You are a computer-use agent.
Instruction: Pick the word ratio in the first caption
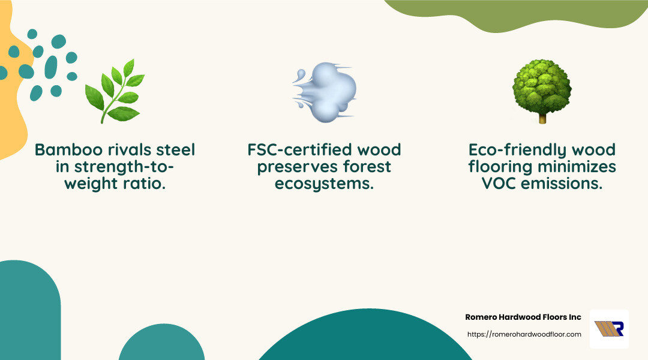click(x=146, y=184)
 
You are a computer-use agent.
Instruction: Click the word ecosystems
click(x=324, y=184)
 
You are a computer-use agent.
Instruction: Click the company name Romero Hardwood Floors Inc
click(x=523, y=317)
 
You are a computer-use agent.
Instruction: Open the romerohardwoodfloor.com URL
click(x=524, y=334)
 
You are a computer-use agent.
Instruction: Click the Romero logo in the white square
click(x=609, y=329)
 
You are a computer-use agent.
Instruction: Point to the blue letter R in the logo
click(x=617, y=329)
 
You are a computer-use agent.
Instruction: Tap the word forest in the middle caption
click(x=364, y=166)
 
